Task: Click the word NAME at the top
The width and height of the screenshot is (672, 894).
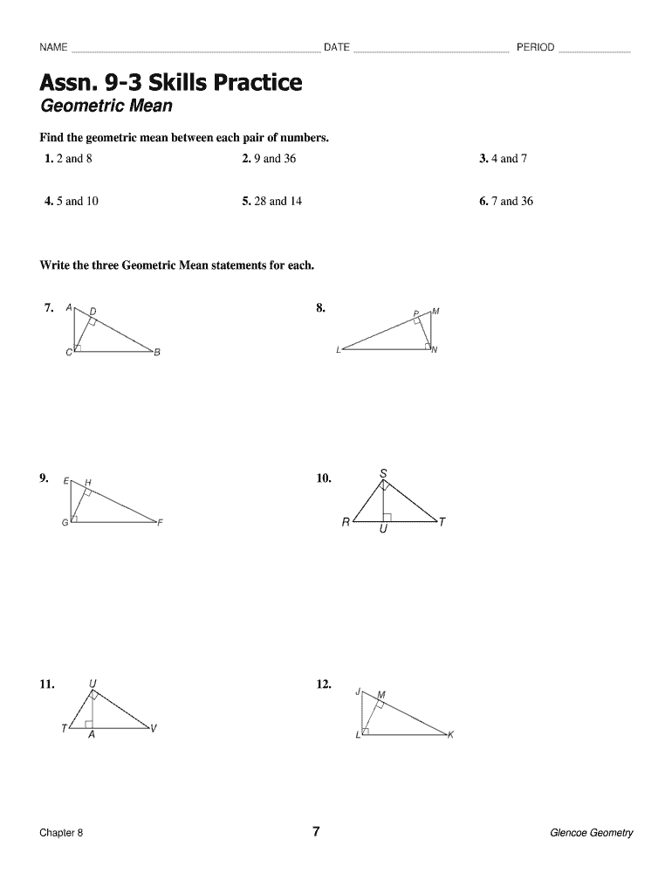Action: pos(53,47)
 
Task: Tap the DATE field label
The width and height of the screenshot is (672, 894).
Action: pos(337,47)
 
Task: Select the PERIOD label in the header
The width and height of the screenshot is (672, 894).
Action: pos(535,47)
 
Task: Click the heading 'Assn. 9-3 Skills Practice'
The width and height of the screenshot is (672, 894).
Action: pos(171,83)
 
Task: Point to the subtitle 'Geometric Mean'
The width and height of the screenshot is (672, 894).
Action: pos(106,107)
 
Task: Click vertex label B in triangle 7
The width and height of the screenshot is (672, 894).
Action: pos(157,353)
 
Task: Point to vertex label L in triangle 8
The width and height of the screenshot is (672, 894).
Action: pos(338,350)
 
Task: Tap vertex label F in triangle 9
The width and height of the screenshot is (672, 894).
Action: pos(161,523)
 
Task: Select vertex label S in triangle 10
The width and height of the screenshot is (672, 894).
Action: pos(383,474)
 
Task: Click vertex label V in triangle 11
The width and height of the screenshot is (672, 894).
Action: pos(154,729)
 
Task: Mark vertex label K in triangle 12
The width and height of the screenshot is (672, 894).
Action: pos(450,735)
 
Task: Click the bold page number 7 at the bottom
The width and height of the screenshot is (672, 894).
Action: pos(317,831)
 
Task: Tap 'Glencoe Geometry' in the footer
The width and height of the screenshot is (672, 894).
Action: pos(591,833)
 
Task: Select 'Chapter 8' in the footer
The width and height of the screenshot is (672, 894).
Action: pos(61,833)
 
